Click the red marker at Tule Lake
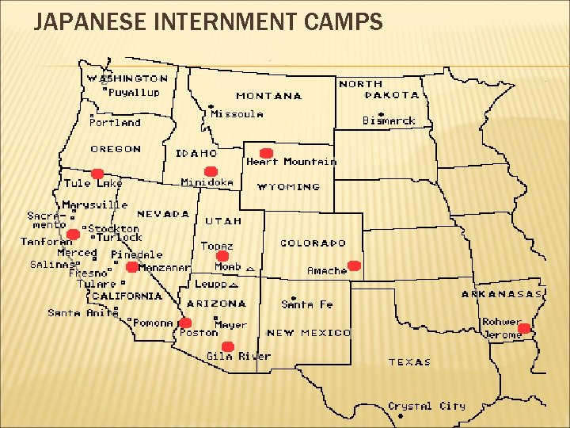tap(97, 174)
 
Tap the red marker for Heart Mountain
tap(267, 153)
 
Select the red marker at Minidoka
tap(211, 172)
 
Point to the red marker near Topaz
tap(222, 257)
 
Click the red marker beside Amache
tap(354, 266)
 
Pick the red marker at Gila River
tap(228, 346)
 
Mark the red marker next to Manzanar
tap(131, 267)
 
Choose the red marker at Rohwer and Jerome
tap(523, 328)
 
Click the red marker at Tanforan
tap(73, 234)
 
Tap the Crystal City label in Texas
tap(427, 406)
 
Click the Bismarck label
tap(389, 120)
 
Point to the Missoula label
tap(237, 114)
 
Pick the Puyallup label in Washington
tap(134, 92)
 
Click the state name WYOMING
tap(289, 187)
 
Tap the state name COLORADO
tap(313, 243)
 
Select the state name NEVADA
tap(163, 214)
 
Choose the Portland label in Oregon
tap(115, 123)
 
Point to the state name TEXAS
tap(409, 362)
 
